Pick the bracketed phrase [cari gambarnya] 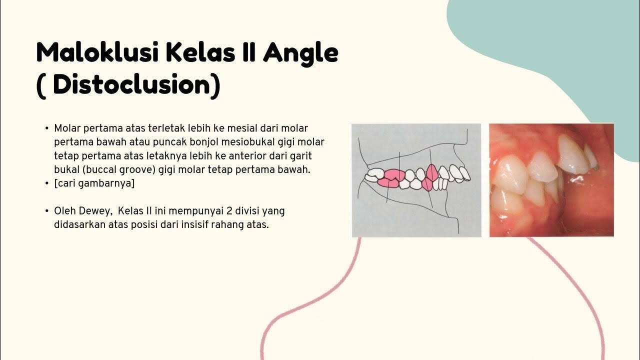point(94,183)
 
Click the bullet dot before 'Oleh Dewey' point(46,211)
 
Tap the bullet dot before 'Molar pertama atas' point(46,128)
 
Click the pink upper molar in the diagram point(393,174)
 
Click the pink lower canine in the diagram point(428,184)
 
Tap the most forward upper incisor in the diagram point(465,173)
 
